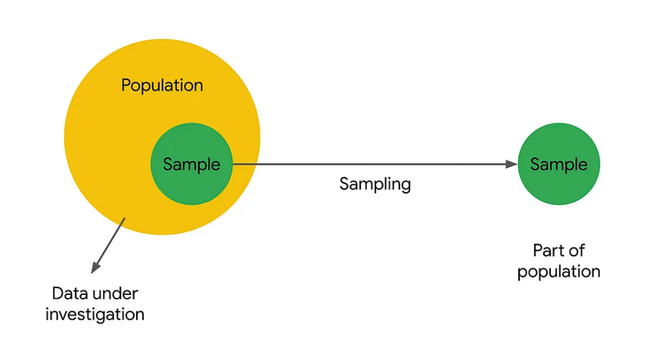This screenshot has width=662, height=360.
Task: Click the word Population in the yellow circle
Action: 162,85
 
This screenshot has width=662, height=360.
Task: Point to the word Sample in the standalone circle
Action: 558,164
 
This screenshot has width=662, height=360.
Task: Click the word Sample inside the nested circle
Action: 191,164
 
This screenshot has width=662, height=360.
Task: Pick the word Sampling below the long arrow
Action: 375,184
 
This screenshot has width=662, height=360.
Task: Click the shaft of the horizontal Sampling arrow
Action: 371,164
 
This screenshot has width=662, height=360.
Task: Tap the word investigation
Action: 95,312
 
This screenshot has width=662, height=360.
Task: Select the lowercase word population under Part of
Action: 558,271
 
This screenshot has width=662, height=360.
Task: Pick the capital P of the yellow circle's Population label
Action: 126,85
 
